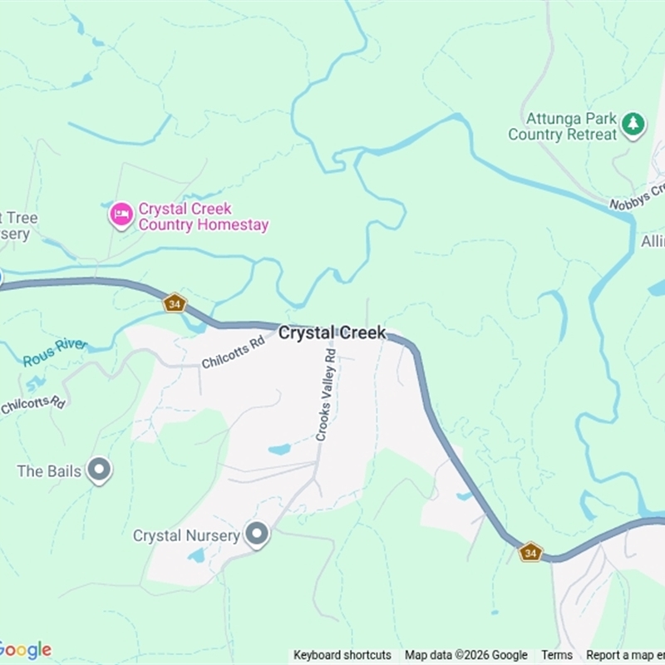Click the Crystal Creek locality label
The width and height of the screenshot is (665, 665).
(332, 332)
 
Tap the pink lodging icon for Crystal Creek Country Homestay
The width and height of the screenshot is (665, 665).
(121, 215)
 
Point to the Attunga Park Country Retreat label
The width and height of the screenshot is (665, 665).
(563, 126)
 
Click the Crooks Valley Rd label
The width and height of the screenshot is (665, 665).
(325, 394)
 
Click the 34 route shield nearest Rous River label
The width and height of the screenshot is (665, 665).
(174, 303)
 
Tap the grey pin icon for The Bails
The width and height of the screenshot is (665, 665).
(100, 471)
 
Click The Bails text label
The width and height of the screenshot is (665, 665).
(49, 471)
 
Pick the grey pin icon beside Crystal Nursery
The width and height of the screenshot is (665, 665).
(257, 535)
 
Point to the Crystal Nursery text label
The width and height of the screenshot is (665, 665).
(186, 535)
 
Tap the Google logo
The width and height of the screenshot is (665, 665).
(25, 650)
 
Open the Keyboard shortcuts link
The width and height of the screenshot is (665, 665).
(342, 655)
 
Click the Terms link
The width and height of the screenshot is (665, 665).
(557, 655)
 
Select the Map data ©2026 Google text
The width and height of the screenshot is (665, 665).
(465, 655)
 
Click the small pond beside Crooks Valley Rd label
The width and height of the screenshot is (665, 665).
(279, 450)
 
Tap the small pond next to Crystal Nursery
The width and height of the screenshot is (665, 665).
(197, 555)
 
